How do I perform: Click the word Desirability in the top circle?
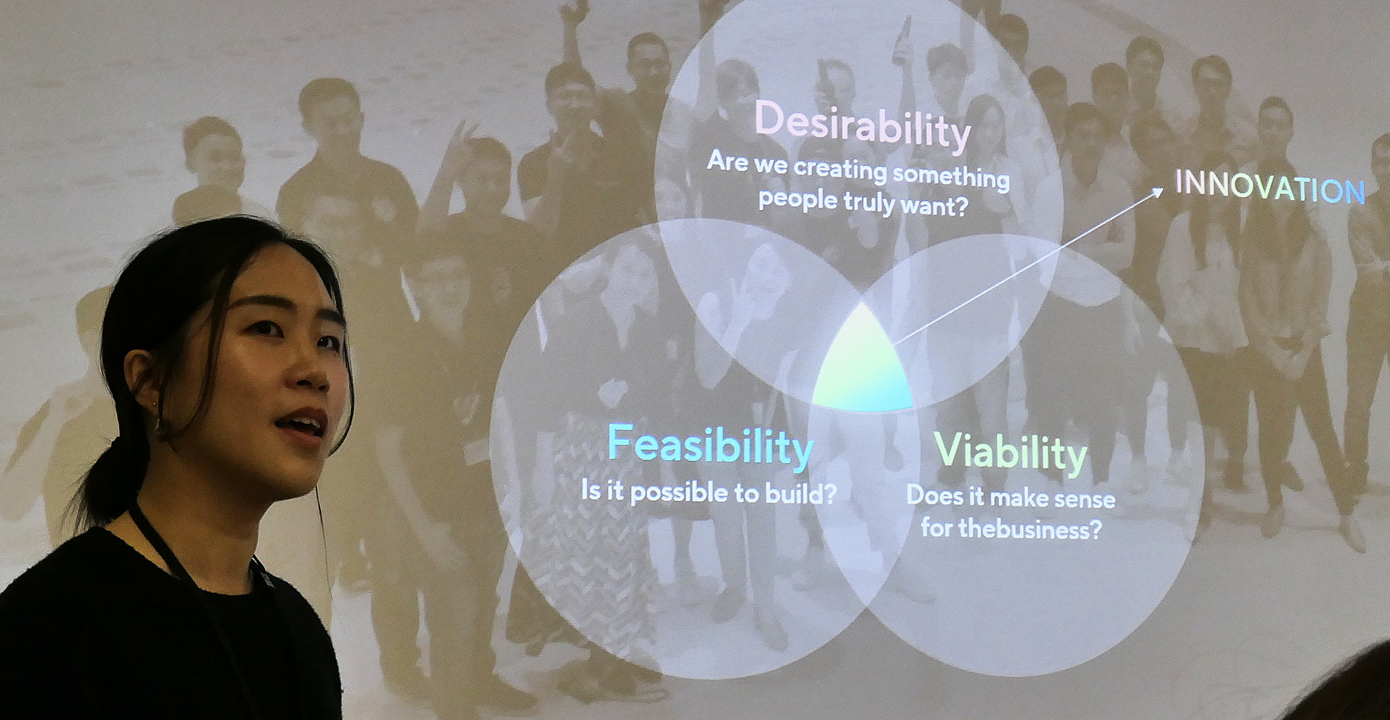[x=863, y=126]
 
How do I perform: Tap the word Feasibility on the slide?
[x=710, y=446]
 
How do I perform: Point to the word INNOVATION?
[x=1270, y=188]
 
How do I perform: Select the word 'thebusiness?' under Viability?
[x=1030, y=528]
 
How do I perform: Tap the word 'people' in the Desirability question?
[x=798, y=199]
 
